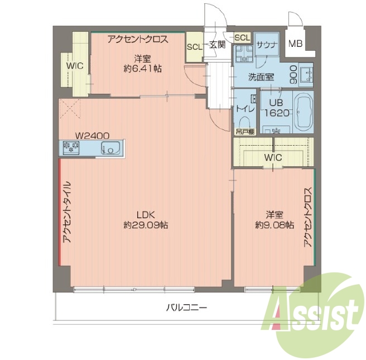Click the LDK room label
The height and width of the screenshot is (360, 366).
(x=146, y=214)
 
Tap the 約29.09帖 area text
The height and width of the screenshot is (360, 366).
(x=146, y=225)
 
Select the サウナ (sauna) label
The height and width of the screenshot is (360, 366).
(x=267, y=45)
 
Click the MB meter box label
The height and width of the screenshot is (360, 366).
(x=295, y=44)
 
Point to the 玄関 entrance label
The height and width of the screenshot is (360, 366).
(x=217, y=45)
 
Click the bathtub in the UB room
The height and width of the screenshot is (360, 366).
(x=303, y=113)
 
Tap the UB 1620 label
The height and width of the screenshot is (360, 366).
(x=277, y=108)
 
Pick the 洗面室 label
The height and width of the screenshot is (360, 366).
(x=261, y=77)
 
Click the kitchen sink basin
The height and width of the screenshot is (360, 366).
(x=110, y=148)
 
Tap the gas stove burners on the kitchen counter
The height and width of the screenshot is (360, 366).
(x=71, y=147)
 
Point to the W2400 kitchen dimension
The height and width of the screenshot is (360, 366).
(x=92, y=136)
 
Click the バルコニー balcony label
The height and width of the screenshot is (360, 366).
(x=186, y=308)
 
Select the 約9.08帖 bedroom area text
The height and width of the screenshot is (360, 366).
(x=274, y=225)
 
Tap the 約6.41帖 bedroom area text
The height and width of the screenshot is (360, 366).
(x=142, y=69)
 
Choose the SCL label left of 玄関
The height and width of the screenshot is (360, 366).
(x=195, y=47)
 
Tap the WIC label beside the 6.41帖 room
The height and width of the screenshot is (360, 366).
(x=75, y=66)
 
